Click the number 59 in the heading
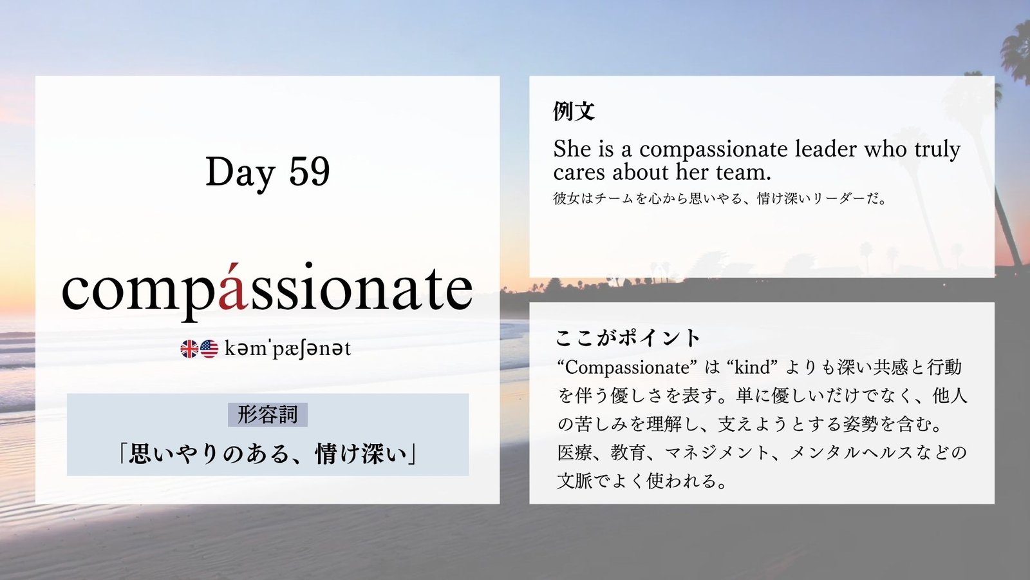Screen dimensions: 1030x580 [x=310, y=171]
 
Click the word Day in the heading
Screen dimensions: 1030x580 [x=240, y=173]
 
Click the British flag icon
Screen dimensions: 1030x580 [x=189, y=349]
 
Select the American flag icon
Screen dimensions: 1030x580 [x=209, y=349]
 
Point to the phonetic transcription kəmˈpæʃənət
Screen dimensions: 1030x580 [x=288, y=349]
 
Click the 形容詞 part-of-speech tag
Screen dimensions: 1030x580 [x=268, y=415]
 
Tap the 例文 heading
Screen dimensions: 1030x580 [x=574, y=111]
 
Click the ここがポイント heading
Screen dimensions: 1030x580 [x=627, y=338]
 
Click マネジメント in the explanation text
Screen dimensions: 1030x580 [x=717, y=453]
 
